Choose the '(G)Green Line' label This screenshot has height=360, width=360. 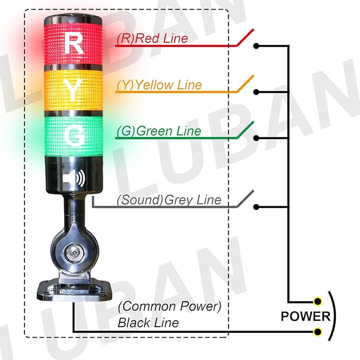click(x=159, y=130)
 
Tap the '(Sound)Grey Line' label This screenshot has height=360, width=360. click(x=169, y=200)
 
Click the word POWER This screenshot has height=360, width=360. click(x=305, y=317)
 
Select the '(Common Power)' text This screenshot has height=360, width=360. click(x=169, y=306)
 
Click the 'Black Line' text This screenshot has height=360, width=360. click(x=148, y=322)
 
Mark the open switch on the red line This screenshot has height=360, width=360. click(x=245, y=38)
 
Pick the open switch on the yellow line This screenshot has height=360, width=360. click(x=245, y=84)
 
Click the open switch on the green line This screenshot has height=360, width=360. click(x=245, y=130)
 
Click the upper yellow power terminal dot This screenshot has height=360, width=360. click(x=318, y=302)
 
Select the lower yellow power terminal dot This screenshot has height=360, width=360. click(x=318, y=332)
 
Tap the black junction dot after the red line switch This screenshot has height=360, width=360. click(x=257, y=46)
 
